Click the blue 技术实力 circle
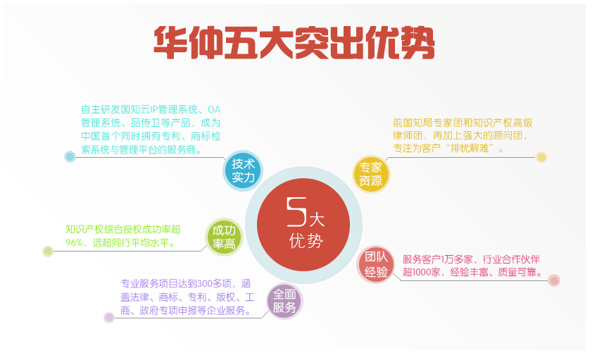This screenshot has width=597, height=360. coord(242,170)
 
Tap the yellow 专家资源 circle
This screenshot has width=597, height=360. coord(370,174)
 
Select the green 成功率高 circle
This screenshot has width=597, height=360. coord(224,237)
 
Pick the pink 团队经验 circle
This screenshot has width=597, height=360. coord(376,265)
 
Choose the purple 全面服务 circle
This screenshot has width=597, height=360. coord(284,301)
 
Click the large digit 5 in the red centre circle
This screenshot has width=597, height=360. coord(297,211)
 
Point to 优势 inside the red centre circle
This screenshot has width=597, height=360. coord(306,241)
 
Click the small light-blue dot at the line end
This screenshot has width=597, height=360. coord(70,156)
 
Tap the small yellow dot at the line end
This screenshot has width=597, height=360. coord(541,157)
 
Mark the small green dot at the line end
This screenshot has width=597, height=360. coord(48,251)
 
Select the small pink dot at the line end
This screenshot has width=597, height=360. coord(554,281)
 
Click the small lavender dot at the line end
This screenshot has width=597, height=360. coord(109,317)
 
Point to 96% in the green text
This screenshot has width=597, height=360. coord(74,242)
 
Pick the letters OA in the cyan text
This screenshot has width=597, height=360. coord(214,110)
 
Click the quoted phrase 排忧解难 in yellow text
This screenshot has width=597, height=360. coord(470,148)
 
